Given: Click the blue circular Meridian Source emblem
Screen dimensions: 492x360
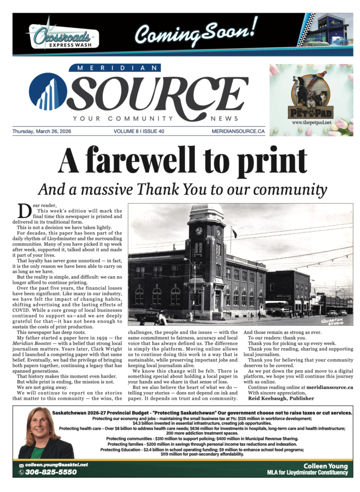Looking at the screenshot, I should [48, 92].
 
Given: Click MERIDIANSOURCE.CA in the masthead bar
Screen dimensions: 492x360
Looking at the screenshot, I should [238, 131].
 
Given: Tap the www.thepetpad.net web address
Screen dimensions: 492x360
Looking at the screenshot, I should [311, 123].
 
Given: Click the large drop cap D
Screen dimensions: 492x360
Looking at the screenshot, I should [24, 210].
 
